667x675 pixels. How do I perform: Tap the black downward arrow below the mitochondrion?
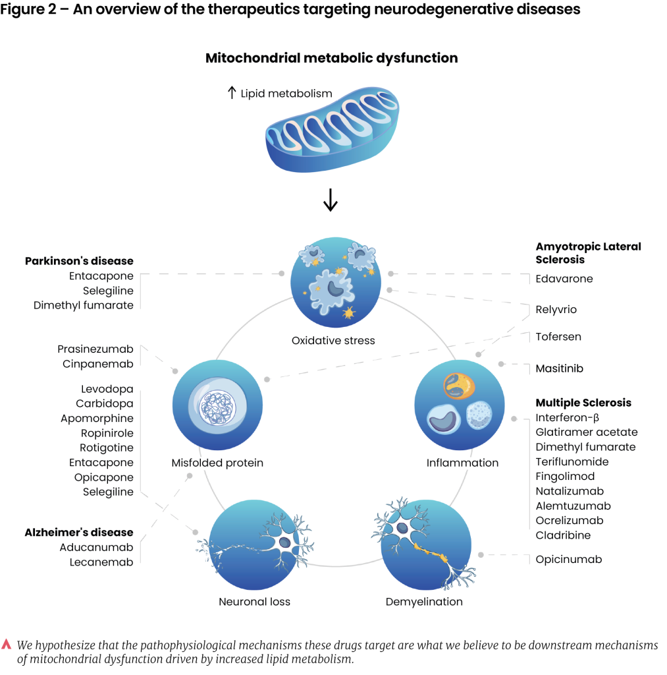331,200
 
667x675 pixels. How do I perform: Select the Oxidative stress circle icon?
336,282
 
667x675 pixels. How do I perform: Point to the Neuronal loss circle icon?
254,543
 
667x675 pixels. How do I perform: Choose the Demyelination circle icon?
426,543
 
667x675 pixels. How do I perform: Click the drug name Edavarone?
564,279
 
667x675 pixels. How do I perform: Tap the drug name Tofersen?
558,337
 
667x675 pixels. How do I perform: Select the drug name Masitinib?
559,368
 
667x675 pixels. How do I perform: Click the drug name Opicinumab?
568,560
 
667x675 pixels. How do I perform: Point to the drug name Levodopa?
107,389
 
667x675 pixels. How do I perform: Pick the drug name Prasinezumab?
95,349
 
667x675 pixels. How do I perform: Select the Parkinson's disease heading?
79,261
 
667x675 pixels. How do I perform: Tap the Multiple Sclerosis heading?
583,403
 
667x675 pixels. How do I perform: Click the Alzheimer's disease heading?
79,532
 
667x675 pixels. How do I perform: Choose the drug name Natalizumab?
570,491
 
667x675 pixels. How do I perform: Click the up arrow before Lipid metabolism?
231,93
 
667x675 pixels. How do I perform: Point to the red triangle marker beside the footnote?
7,644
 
